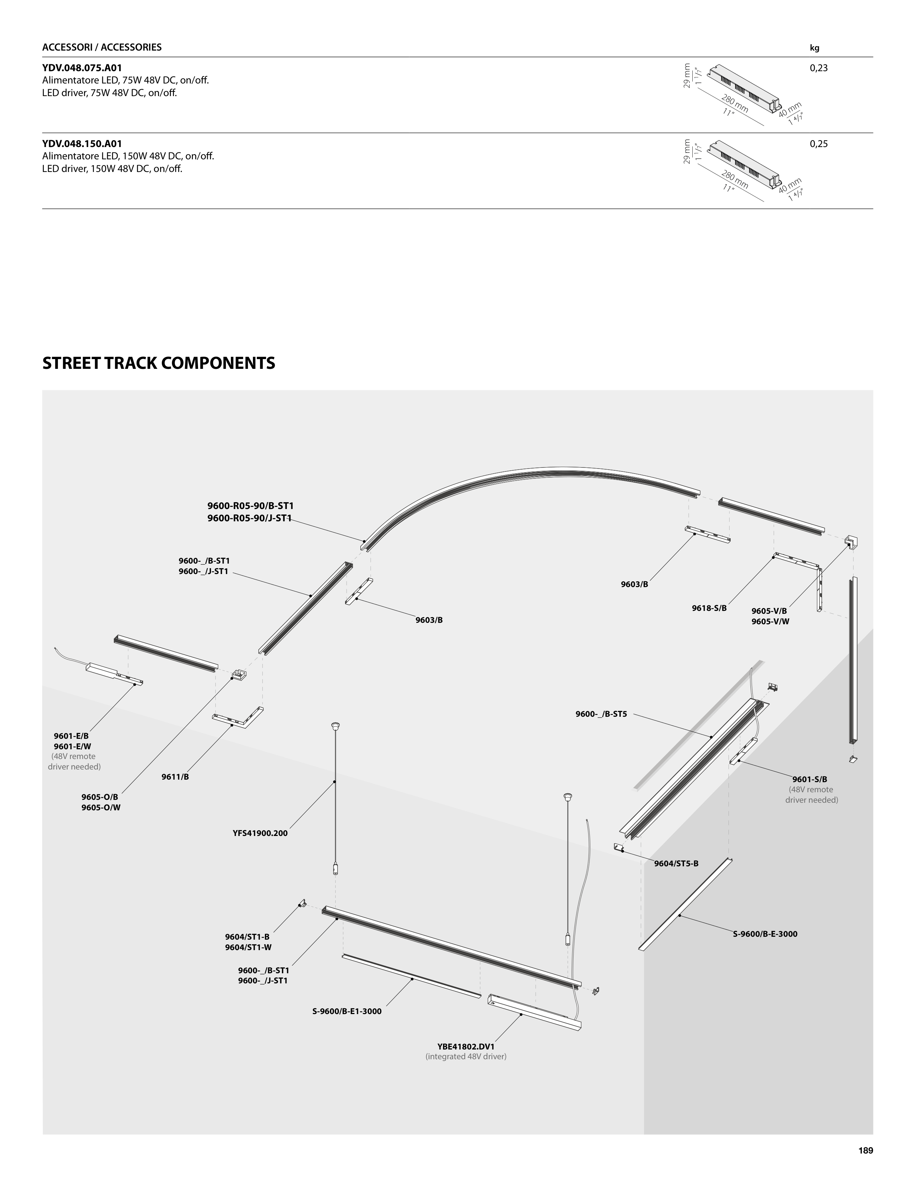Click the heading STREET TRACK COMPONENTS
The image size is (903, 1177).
coord(159,363)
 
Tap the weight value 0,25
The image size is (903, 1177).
coord(818,144)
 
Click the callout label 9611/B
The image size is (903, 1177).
coord(175,777)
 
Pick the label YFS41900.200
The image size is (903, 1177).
coord(260,833)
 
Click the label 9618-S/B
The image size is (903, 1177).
coord(709,608)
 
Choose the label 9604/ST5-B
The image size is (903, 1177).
coord(676,864)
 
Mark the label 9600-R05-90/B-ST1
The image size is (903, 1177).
coord(250,506)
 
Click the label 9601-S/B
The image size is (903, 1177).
coord(809,779)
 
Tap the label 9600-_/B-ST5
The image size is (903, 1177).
coord(601,714)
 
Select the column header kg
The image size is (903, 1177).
coord(814,48)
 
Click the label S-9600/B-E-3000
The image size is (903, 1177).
coord(765,934)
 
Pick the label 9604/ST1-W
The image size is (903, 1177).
coord(248,948)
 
